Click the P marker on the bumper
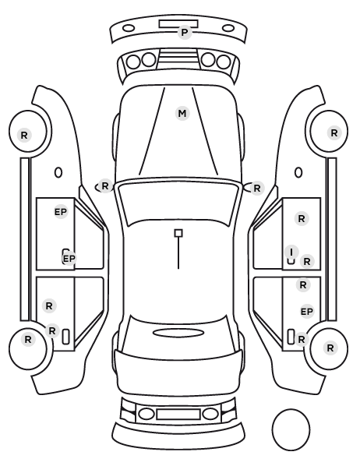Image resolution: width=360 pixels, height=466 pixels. [185, 32]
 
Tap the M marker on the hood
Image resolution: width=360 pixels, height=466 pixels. [182, 113]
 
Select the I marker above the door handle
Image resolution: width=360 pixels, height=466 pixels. [291, 252]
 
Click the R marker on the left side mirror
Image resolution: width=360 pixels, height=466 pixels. [105, 186]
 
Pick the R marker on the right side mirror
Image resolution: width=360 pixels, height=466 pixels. [257, 188]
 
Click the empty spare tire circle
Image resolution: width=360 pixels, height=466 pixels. [291, 429]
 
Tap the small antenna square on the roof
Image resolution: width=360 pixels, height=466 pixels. [178, 233]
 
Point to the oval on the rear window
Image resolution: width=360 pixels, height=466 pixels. [178, 333]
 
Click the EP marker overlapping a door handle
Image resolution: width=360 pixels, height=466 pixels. [69, 259]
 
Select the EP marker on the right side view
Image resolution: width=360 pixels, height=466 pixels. [307, 312]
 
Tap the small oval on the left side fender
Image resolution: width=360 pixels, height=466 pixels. [58, 172]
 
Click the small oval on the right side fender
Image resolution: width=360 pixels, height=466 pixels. [298, 172]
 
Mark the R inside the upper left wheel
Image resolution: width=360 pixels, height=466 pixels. [24, 136]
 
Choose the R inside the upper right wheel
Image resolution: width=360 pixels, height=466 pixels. [334, 132]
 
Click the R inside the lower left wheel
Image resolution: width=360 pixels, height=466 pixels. [28, 340]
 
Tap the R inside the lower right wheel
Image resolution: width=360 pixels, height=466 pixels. [330, 348]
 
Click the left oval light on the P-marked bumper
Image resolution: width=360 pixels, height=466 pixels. [129, 28]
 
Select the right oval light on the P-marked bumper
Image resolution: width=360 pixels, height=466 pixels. [228, 28]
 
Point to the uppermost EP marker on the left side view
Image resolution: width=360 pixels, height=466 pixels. [61, 212]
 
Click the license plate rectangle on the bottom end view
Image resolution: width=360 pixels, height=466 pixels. [178, 415]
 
